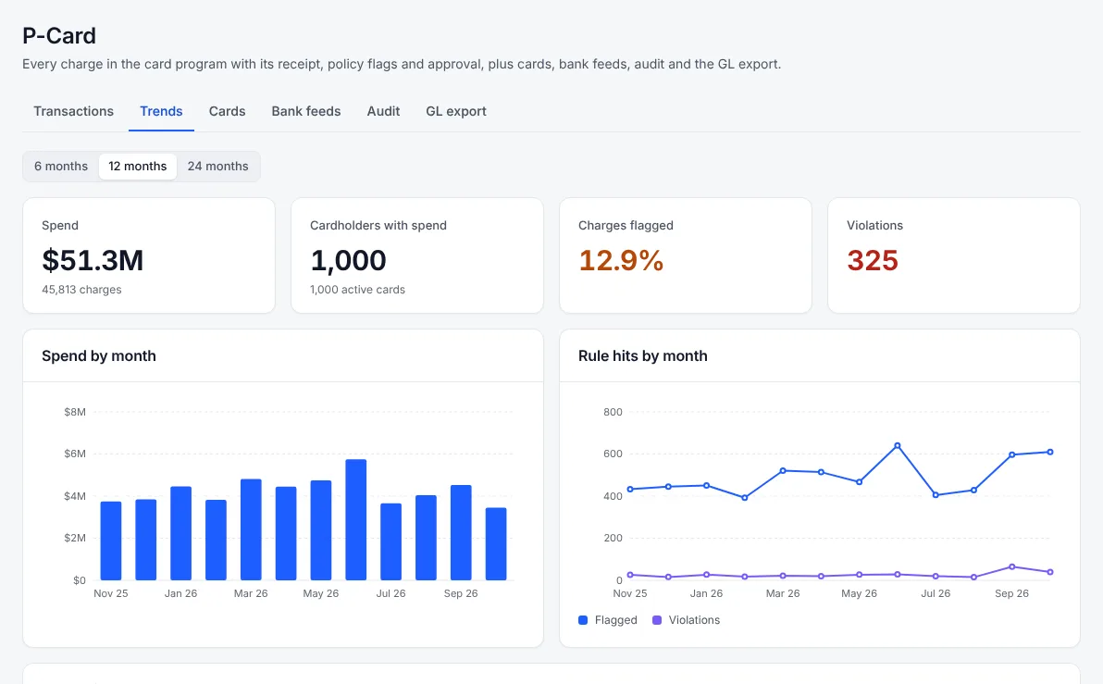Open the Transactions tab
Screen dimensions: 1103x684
coord(73,111)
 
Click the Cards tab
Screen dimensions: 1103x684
coord(228,111)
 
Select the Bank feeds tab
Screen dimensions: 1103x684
coord(306,111)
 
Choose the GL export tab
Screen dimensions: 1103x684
coord(456,111)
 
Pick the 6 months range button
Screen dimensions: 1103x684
coord(61,166)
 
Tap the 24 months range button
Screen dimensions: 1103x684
coord(218,166)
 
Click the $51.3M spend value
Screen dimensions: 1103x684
coord(93,260)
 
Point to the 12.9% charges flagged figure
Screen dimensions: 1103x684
coord(621,260)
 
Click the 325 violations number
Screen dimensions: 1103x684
coord(873,260)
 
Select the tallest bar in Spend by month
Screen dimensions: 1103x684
coord(356,519)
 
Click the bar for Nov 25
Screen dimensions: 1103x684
coord(111,541)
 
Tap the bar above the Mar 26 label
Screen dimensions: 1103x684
coord(251,529)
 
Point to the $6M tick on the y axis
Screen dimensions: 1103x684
coord(75,454)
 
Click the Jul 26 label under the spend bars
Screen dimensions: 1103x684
coord(391,593)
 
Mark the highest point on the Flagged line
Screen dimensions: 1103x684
coord(898,445)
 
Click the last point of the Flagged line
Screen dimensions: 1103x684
coord(1050,452)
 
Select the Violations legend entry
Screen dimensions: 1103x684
coord(687,620)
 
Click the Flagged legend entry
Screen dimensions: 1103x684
coord(608,620)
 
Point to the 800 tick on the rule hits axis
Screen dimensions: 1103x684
coord(613,413)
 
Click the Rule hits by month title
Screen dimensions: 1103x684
coord(643,356)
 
